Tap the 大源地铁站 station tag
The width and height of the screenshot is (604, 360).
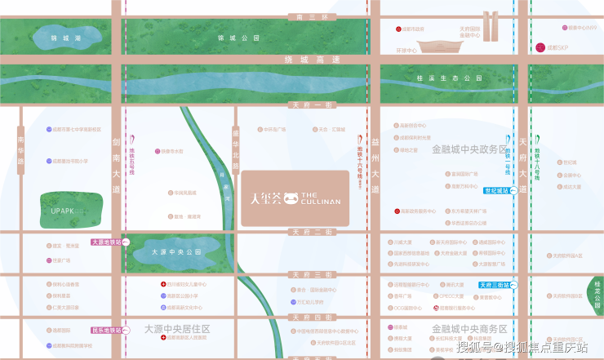105,242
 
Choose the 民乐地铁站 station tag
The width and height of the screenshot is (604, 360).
105,331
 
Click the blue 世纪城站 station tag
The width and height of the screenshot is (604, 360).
496,190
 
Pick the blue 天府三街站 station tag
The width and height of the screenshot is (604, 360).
495,285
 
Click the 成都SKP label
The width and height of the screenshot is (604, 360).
557,47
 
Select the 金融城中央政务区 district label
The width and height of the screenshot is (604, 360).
469,149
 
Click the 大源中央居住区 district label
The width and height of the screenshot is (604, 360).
177,329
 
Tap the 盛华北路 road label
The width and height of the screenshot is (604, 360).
236,147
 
